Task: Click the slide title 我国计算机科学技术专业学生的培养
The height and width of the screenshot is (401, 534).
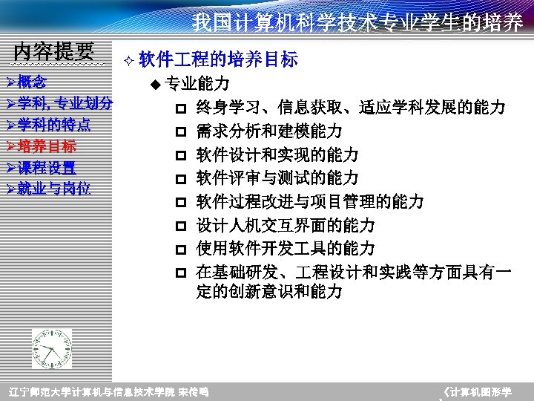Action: coord(357,23)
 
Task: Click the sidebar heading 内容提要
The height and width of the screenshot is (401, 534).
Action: coord(54,51)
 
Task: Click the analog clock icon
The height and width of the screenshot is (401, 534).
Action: coord(52,348)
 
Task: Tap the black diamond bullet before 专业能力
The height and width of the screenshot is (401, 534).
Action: coord(155,84)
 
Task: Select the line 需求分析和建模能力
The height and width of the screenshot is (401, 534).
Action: coord(269,131)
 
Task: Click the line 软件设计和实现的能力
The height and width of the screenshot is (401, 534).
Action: coord(277,155)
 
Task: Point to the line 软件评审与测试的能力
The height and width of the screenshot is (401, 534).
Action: coord(277,178)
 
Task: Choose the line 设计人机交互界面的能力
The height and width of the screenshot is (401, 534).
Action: coord(286,225)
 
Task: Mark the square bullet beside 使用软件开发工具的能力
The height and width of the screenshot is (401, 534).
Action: coord(180,249)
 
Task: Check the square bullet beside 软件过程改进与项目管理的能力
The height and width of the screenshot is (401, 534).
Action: coord(180,202)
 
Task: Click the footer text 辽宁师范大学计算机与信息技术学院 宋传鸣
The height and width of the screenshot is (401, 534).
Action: coord(108,391)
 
